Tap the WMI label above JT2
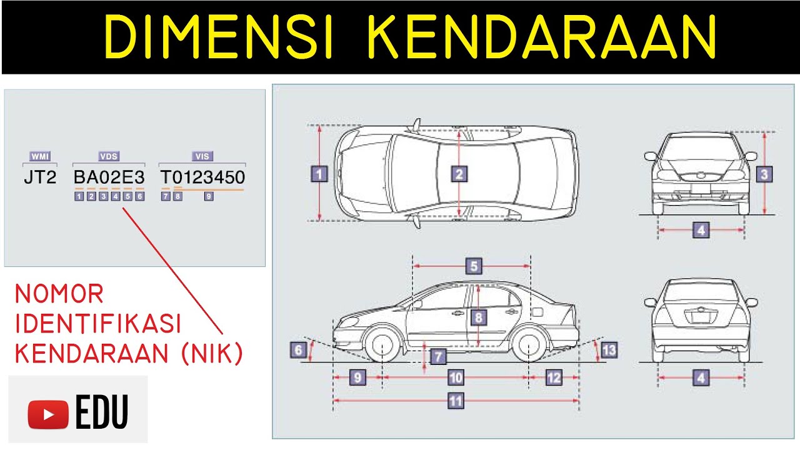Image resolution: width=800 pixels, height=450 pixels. click(x=39, y=157)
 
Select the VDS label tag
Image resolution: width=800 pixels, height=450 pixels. click(x=109, y=157)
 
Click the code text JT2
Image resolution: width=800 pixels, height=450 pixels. click(x=39, y=177)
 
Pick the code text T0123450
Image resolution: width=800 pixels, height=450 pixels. click(x=202, y=177)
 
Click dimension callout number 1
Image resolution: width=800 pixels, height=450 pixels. click(x=319, y=173)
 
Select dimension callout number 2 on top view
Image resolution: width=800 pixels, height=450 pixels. click(x=459, y=174)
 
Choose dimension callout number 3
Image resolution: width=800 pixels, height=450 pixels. click(x=764, y=174)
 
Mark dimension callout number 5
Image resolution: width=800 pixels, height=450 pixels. click(x=474, y=267)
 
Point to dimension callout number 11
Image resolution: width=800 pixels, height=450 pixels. click(x=456, y=401)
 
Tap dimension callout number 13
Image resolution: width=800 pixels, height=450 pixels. click(x=609, y=349)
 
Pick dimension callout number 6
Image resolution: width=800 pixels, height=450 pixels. click(x=298, y=350)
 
